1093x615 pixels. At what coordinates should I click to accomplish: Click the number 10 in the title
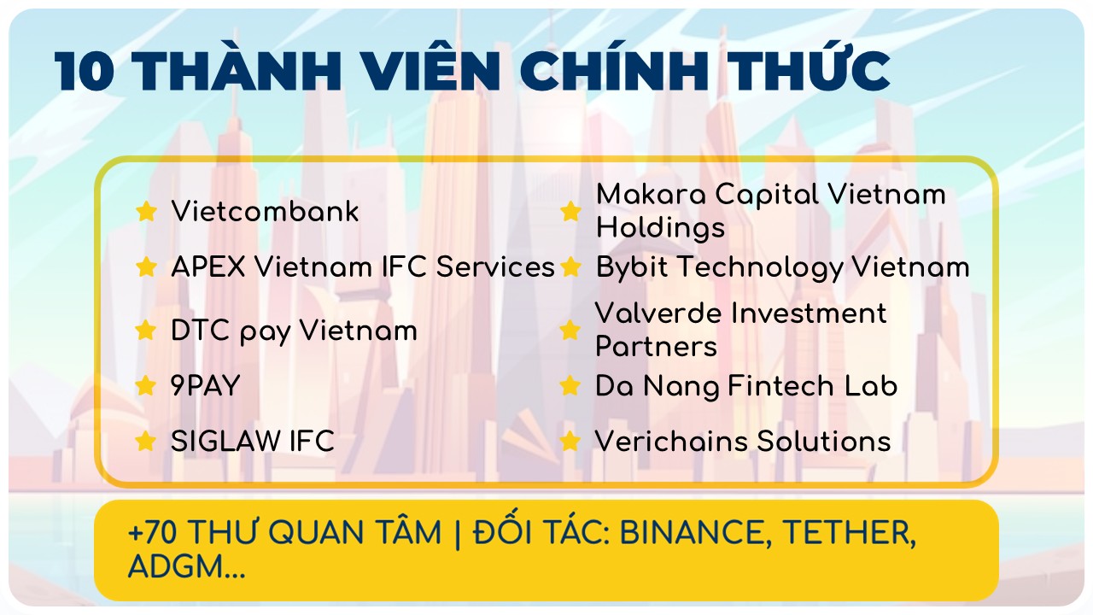click(x=85, y=71)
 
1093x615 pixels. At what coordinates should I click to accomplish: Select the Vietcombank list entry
click(x=265, y=211)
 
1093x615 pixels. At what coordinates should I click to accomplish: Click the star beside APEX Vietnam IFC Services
click(x=146, y=267)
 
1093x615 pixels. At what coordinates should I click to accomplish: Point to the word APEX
click(x=208, y=267)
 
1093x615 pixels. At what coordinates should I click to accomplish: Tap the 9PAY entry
click(x=206, y=386)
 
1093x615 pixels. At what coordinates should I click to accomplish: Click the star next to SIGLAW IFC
click(x=146, y=442)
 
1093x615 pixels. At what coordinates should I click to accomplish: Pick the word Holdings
click(x=661, y=228)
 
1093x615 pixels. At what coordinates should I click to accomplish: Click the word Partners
click(x=657, y=347)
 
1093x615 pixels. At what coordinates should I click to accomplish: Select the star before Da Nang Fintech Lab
click(x=570, y=386)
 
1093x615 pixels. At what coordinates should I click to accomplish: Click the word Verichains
click(x=671, y=442)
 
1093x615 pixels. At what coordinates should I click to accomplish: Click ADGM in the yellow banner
click(x=176, y=566)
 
